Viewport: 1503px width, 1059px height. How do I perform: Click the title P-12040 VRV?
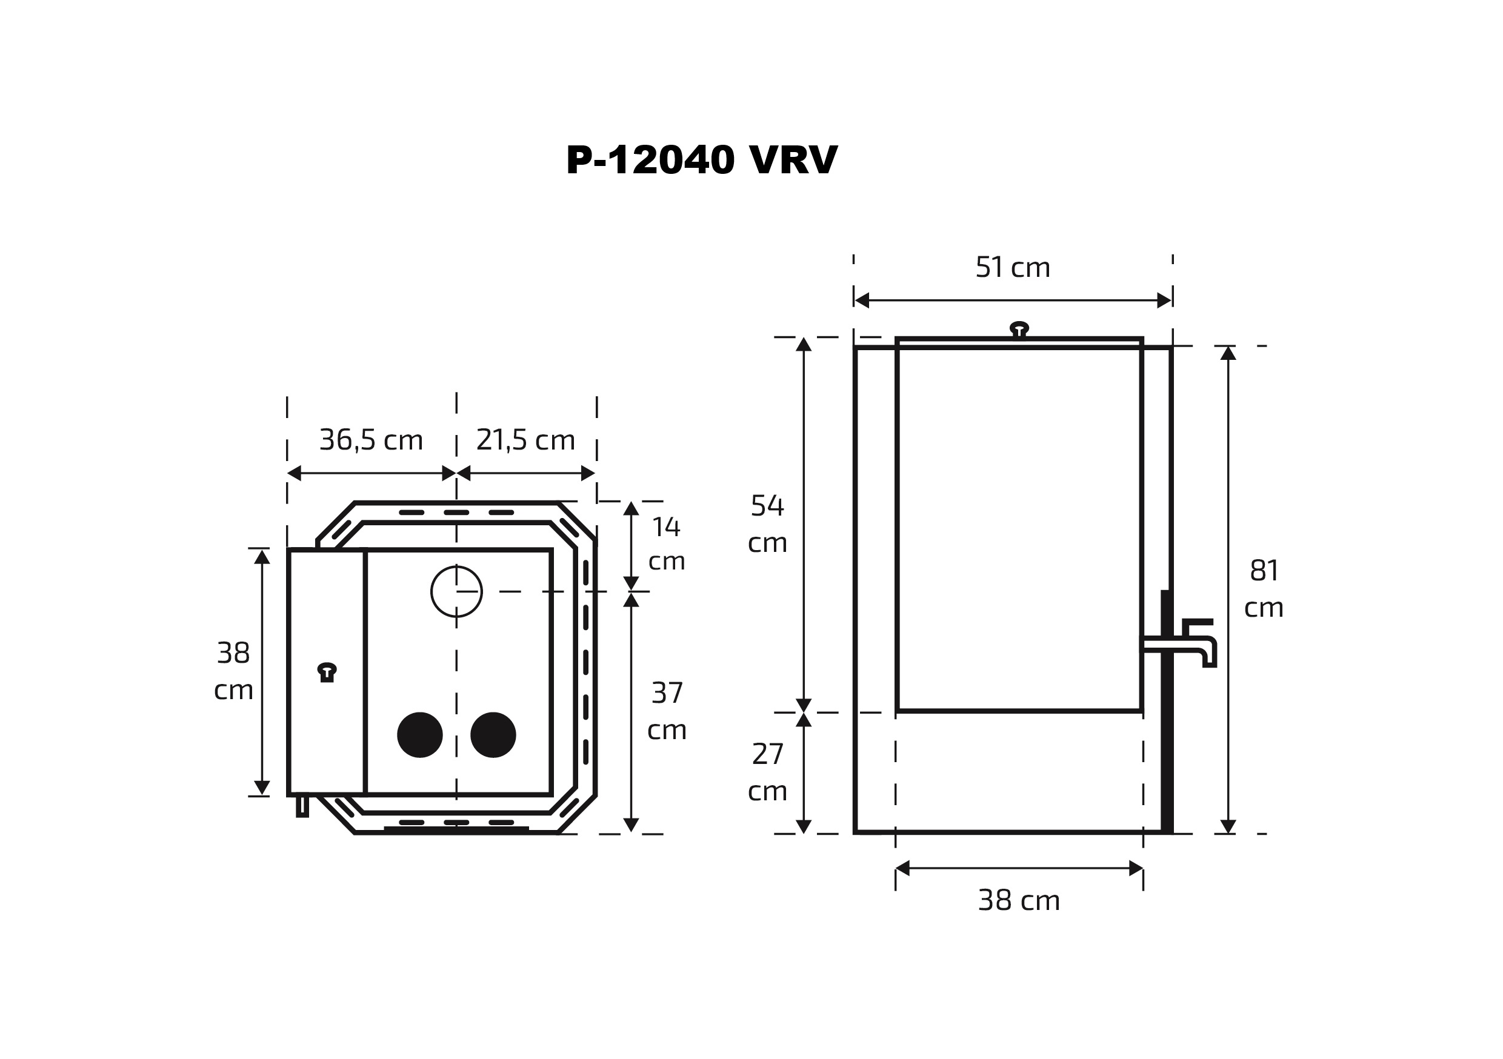click(701, 161)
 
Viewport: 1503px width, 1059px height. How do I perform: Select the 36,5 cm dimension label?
click(370, 440)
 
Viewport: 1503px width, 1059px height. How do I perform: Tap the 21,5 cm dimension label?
click(525, 440)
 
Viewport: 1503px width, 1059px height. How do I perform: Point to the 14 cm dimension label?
click(667, 544)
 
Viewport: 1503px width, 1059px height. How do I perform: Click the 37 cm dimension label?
click(667, 711)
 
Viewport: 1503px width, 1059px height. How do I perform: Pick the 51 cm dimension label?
click(1012, 267)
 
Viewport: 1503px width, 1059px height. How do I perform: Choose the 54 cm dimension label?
click(767, 523)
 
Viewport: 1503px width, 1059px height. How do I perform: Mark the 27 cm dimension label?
click(767, 772)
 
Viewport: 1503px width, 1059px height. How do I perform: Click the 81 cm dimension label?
click(1264, 589)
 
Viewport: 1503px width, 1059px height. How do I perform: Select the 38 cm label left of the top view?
click(234, 671)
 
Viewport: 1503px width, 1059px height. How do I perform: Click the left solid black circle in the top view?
click(419, 735)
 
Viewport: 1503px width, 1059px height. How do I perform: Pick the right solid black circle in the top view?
click(493, 735)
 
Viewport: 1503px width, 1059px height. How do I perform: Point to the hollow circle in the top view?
click(456, 592)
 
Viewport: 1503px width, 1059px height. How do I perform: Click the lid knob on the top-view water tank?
click(327, 672)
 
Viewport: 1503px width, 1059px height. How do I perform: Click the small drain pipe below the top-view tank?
click(302, 805)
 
